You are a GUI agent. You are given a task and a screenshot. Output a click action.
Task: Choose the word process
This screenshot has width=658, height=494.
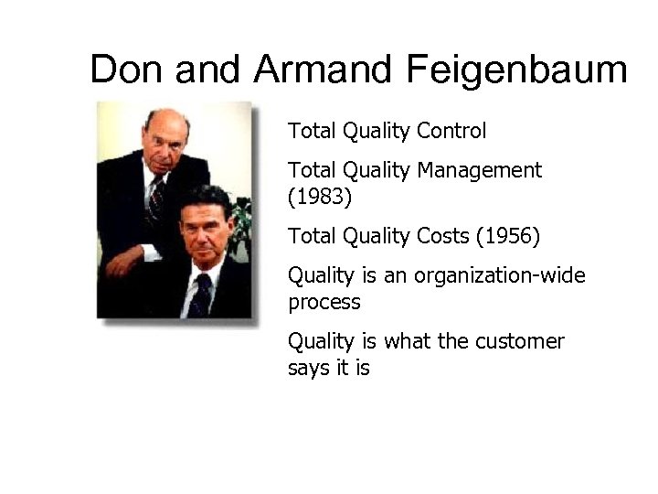324,302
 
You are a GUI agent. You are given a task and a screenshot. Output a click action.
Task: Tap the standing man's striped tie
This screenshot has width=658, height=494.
155,197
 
